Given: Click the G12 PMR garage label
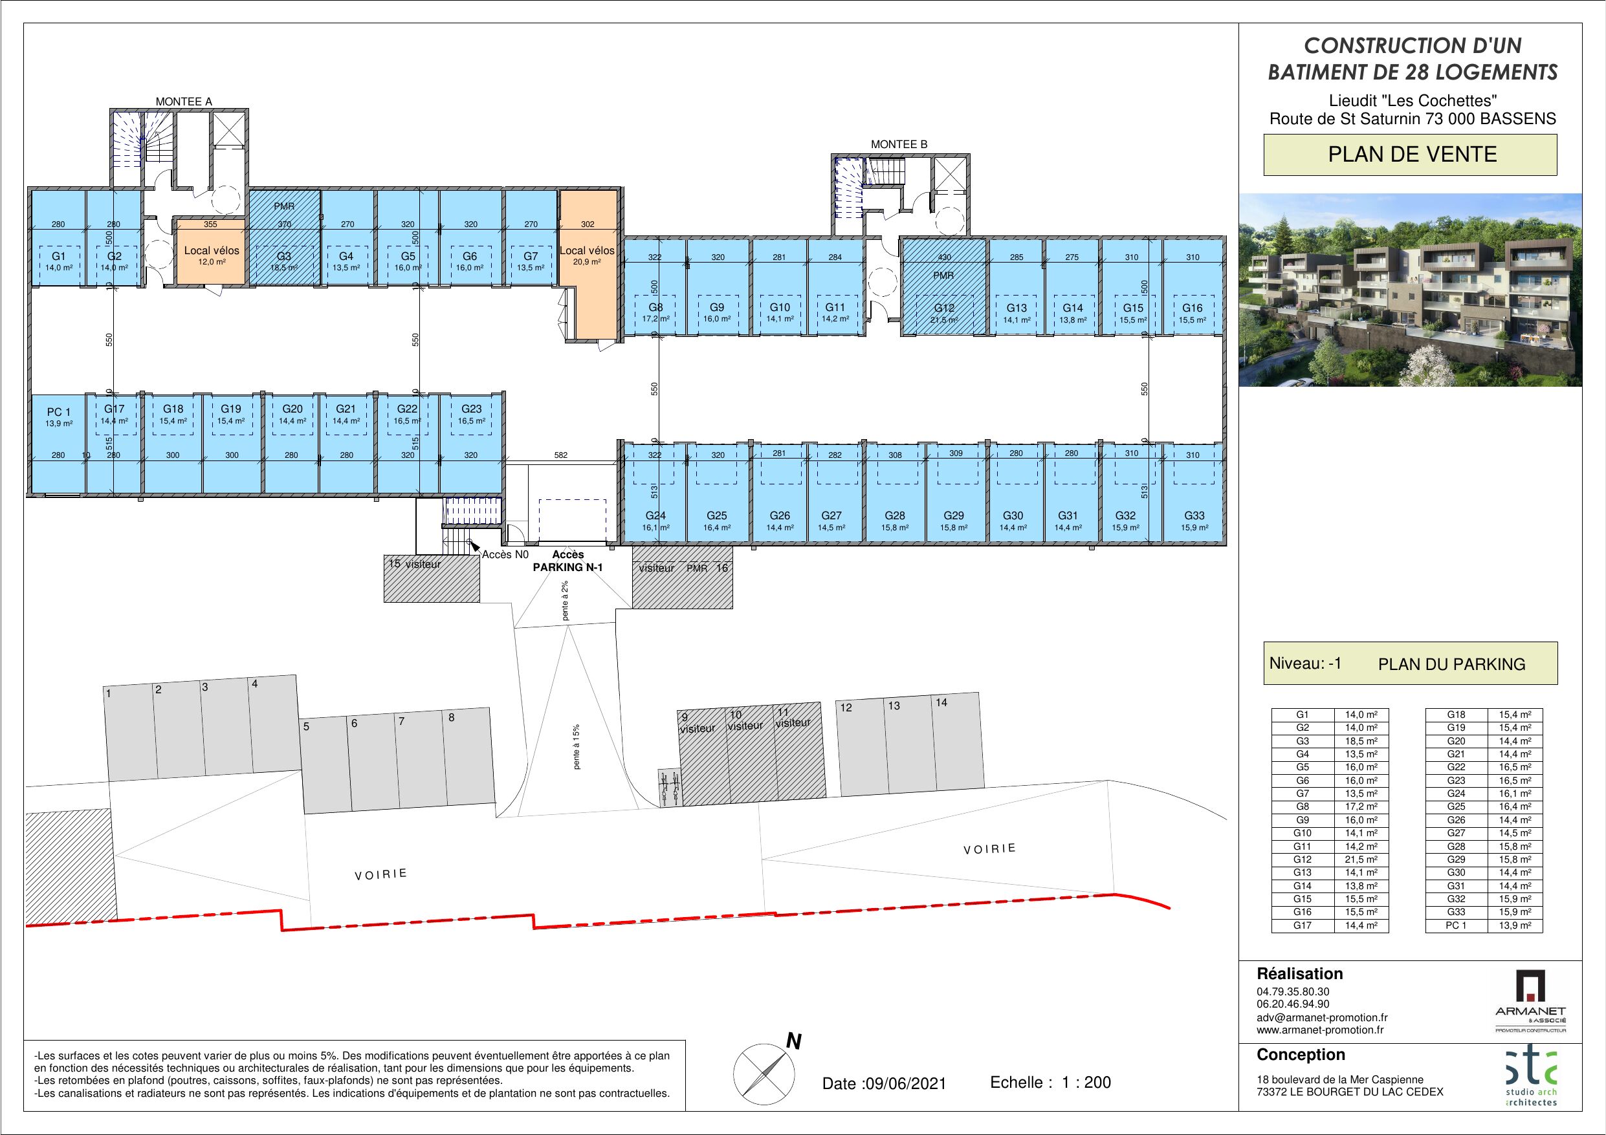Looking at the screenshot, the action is tap(943, 308).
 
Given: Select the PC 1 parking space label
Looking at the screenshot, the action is tap(58, 412).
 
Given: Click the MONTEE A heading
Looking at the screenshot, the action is tap(183, 102).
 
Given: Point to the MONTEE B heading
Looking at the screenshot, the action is tap(899, 145).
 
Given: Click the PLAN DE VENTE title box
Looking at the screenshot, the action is tap(1410, 155).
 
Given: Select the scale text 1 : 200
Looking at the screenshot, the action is tap(1086, 1083).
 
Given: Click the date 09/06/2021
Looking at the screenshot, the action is tap(905, 1084).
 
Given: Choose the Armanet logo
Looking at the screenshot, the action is tap(1530, 1000).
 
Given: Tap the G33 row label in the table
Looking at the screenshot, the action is tap(1456, 912).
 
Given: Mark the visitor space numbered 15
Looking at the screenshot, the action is tap(432, 578).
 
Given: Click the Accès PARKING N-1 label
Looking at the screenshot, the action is tap(567, 561).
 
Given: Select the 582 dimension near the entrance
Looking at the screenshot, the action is tap(561, 455).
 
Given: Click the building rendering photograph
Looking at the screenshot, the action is tap(1410, 290).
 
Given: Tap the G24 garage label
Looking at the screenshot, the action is tap(655, 516).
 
